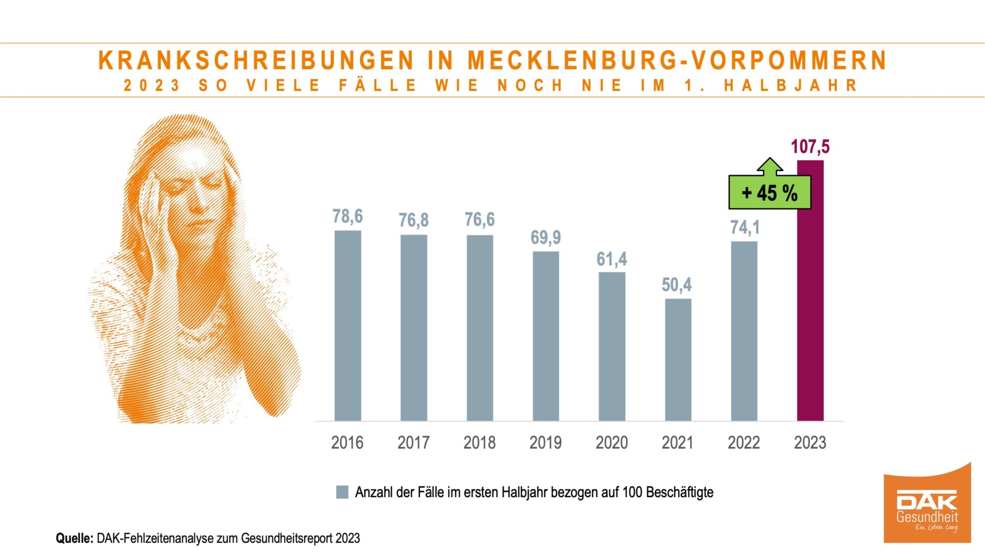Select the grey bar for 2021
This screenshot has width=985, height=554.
pos(678,360)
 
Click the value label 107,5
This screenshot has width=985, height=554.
pos(810,147)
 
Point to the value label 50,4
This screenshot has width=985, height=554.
pos(677,285)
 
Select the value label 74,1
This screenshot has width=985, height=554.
pos(744,227)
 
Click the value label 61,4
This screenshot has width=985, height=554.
pos(612,259)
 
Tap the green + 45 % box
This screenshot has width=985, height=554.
pos(770,193)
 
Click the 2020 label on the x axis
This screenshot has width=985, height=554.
pos(612,442)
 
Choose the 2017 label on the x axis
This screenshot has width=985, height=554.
pos(413,442)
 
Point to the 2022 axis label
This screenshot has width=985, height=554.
pos(744,442)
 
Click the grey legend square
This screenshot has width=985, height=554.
pos(342,492)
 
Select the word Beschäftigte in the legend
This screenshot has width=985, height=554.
pos(680,492)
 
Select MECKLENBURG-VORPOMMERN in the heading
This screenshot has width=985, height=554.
pos(677,61)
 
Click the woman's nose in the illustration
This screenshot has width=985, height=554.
pos(196,205)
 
